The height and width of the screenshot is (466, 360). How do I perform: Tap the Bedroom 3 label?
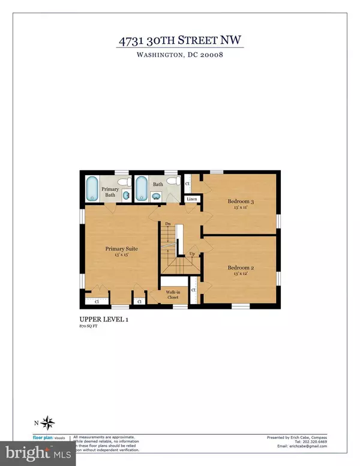click(x=241, y=202)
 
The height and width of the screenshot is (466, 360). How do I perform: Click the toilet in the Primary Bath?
click(x=122, y=182)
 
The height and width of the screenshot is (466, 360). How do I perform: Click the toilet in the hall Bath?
click(x=171, y=182)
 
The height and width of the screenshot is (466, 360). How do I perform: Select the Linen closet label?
click(x=192, y=199)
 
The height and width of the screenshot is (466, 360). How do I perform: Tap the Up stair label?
click(x=192, y=255)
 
